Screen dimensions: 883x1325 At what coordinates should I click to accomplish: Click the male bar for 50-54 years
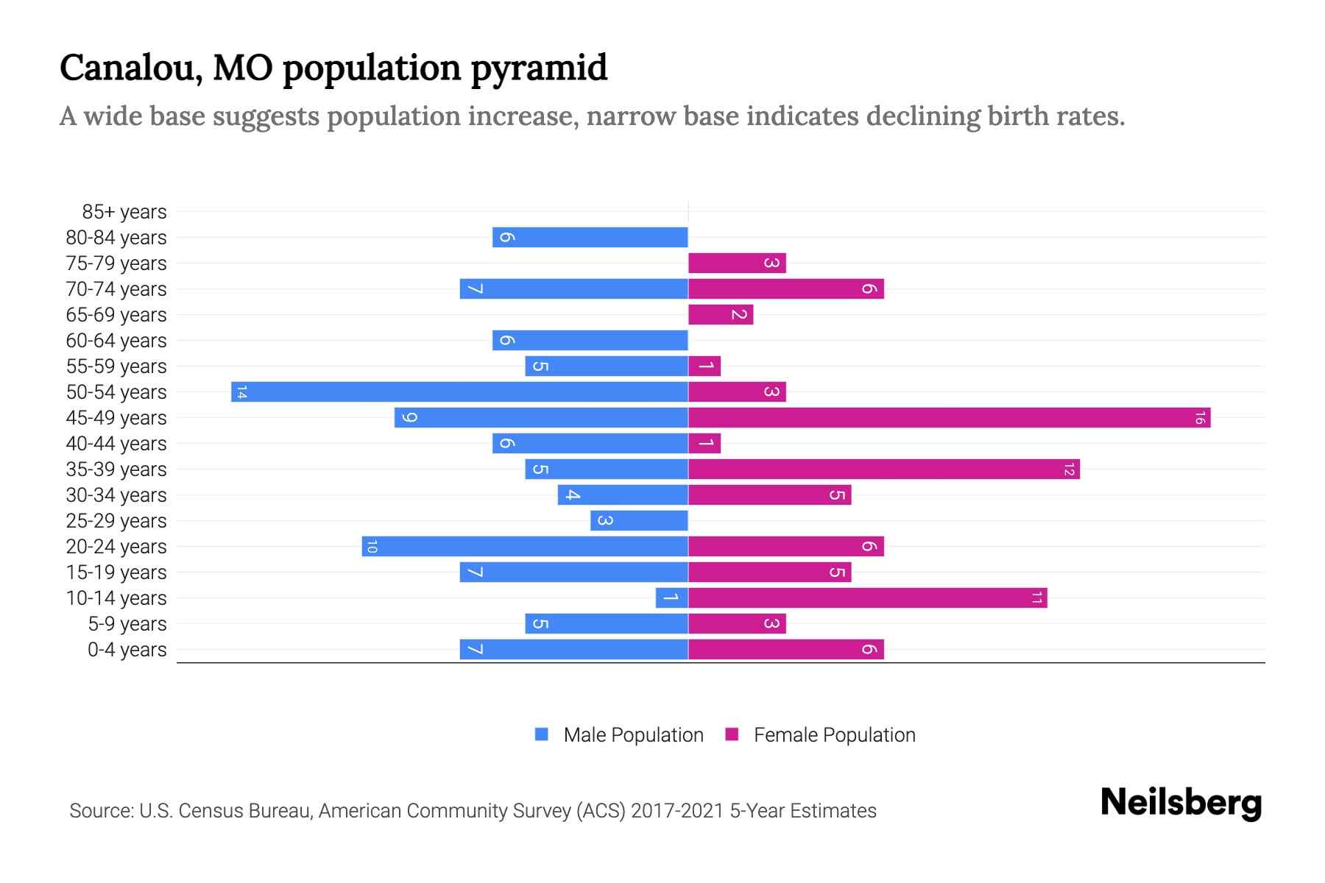point(459,392)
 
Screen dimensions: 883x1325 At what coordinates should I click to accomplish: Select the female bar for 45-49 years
point(949,418)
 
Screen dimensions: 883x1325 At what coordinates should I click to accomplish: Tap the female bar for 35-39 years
point(883,469)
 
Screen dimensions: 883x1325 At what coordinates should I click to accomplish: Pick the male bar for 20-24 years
point(525,547)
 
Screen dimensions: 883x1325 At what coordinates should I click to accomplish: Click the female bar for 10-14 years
point(867,598)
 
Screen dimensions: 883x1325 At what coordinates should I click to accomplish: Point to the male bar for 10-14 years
point(671,598)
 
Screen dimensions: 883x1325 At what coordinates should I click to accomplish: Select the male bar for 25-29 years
point(639,521)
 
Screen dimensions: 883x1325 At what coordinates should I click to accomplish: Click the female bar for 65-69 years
point(721,315)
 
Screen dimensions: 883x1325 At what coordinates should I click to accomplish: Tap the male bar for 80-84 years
point(590,238)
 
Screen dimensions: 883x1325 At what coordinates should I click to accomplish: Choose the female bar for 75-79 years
point(737,263)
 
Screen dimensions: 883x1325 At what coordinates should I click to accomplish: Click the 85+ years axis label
point(124,212)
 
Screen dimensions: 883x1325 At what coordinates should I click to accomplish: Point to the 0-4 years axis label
point(127,650)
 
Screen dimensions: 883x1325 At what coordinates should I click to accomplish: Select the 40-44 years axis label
point(116,444)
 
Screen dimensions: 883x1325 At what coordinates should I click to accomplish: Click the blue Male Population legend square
point(542,734)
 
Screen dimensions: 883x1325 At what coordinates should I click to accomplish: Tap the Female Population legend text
point(834,735)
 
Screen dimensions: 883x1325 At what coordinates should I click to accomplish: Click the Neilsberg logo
point(1181,803)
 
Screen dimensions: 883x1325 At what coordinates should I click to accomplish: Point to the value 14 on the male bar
point(241,392)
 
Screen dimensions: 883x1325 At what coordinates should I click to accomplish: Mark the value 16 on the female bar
point(1200,418)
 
